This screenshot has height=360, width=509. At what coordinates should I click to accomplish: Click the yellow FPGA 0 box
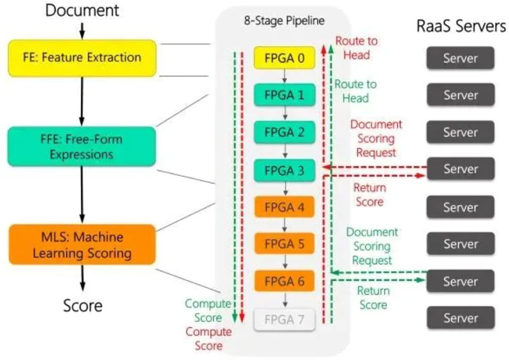[285, 59]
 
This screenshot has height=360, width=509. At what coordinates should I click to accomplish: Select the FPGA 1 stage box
[285, 95]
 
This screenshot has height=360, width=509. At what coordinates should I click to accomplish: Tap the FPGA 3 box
[285, 170]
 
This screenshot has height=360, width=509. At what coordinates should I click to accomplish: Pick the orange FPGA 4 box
[285, 207]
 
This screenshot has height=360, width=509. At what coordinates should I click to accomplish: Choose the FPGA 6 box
[285, 280]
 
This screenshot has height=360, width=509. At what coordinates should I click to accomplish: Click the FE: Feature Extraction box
[82, 58]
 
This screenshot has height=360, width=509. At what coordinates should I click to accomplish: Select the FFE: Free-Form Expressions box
[82, 146]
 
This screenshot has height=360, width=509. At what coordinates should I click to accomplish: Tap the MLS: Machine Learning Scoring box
[82, 244]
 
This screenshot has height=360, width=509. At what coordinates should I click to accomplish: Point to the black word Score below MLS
[83, 305]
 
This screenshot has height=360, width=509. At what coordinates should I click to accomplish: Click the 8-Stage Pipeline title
[285, 20]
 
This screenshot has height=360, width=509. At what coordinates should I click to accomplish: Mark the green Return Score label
[373, 298]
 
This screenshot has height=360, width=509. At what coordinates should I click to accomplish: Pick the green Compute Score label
[204, 311]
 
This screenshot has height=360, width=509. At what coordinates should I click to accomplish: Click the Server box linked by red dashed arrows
[460, 169]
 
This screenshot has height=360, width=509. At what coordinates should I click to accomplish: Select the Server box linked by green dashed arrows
[460, 280]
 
